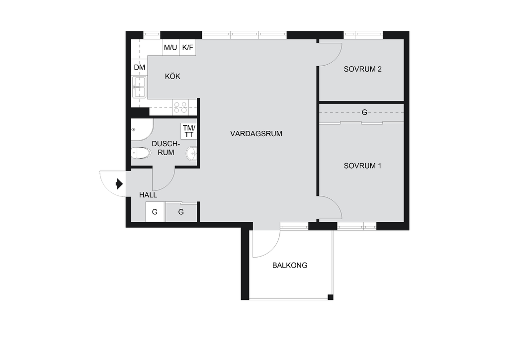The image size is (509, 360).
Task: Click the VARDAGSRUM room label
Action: [x=256, y=133]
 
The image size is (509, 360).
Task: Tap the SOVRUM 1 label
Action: [x=362, y=166]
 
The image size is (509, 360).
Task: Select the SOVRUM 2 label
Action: [x=362, y=69]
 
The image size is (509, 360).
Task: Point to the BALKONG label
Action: [x=290, y=266]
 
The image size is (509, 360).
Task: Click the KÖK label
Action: [x=172, y=76]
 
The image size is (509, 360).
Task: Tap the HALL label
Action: [x=148, y=195]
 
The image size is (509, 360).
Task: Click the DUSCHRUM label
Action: [x=166, y=148]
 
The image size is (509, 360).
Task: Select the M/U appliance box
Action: [x=171, y=47]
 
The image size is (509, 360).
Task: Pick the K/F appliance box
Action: [x=187, y=47]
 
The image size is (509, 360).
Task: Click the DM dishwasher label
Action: [x=140, y=68]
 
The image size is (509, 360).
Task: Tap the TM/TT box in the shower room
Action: [x=189, y=131]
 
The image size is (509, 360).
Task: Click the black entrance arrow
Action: [x=119, y=184]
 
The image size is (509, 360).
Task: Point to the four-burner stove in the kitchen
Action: [x=180, y=107]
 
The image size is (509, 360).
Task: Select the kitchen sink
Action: [x=139, y=87]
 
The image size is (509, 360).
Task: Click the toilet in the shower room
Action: [x=141, y=153]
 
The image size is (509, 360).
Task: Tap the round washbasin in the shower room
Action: [x=191, y=153]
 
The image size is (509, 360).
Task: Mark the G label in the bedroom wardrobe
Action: [x=364, y=112]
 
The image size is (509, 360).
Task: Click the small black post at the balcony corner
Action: [x=331, y=297]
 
